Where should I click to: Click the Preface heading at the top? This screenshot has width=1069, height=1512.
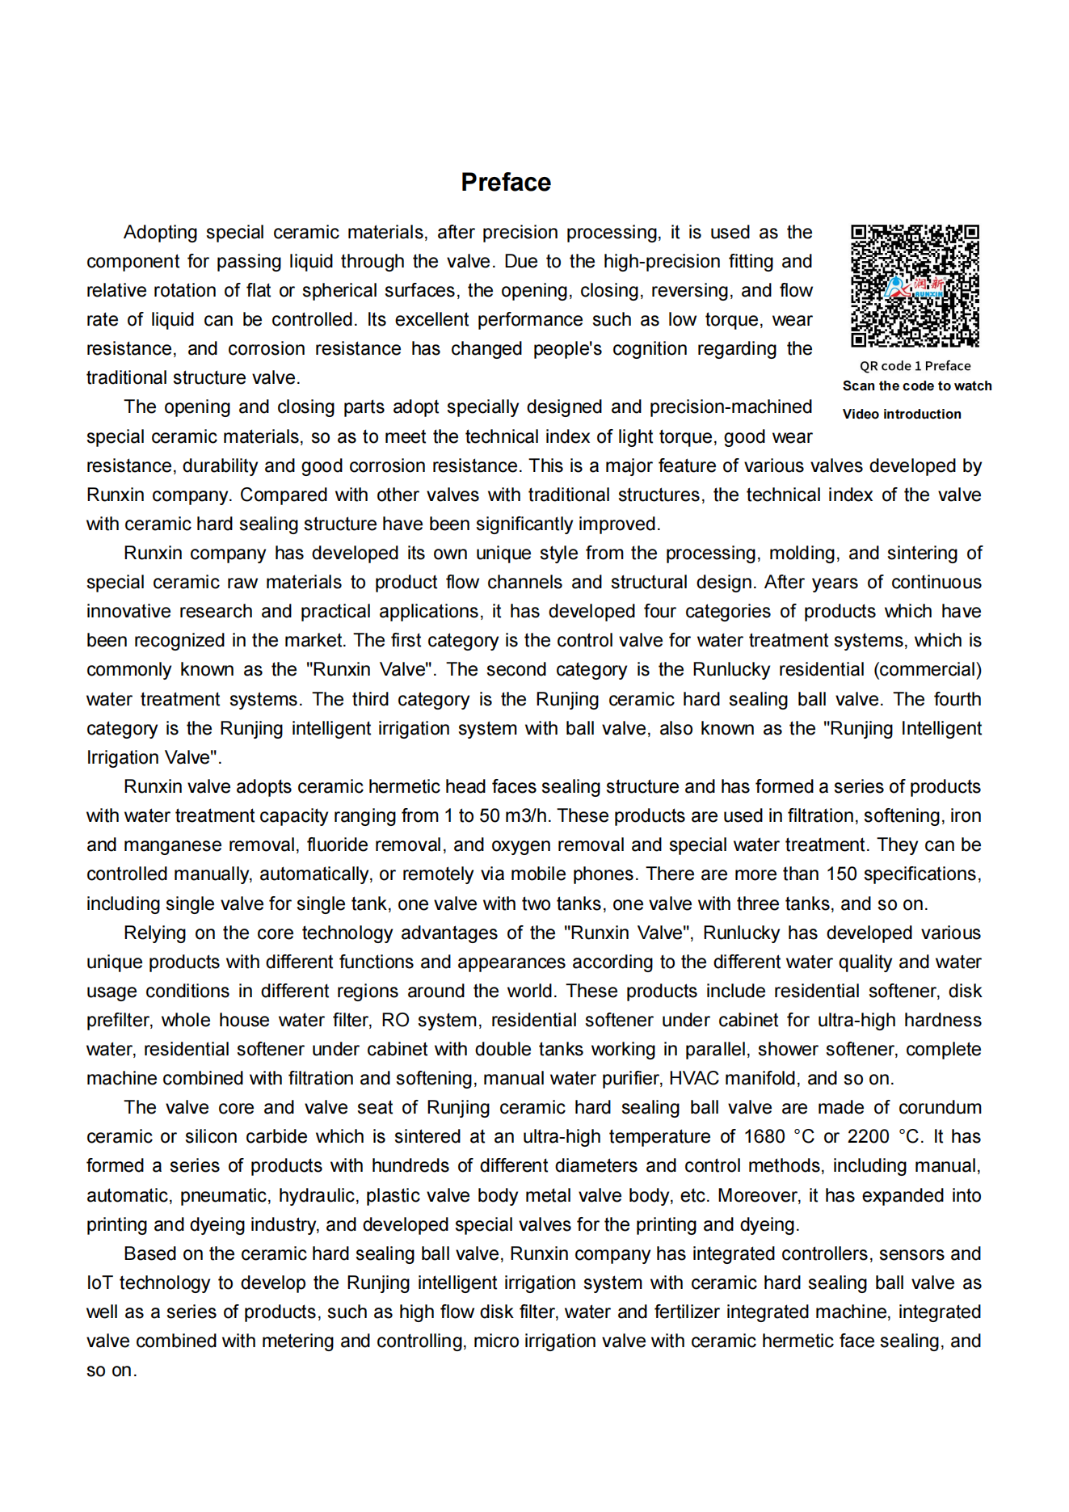click(506, 183)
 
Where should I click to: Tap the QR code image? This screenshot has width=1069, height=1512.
click(915, 286)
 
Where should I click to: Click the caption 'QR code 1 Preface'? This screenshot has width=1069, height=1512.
click(915, 366)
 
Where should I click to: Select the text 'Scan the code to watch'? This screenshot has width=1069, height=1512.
click(917, 386)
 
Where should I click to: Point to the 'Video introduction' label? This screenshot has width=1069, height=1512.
click(902, 415)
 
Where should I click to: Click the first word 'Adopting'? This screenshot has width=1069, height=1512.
click(160, 233)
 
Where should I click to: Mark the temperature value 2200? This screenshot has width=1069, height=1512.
click(868, 1137)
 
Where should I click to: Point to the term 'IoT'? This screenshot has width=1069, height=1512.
click(99, 1283)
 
